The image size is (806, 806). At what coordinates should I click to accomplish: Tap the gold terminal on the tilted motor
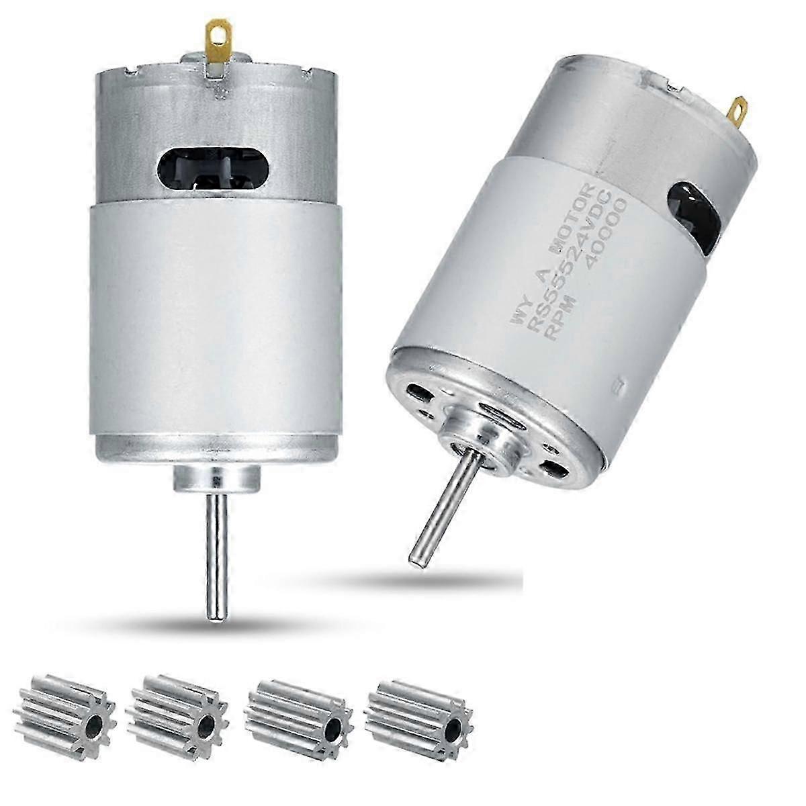click(738, 108)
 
